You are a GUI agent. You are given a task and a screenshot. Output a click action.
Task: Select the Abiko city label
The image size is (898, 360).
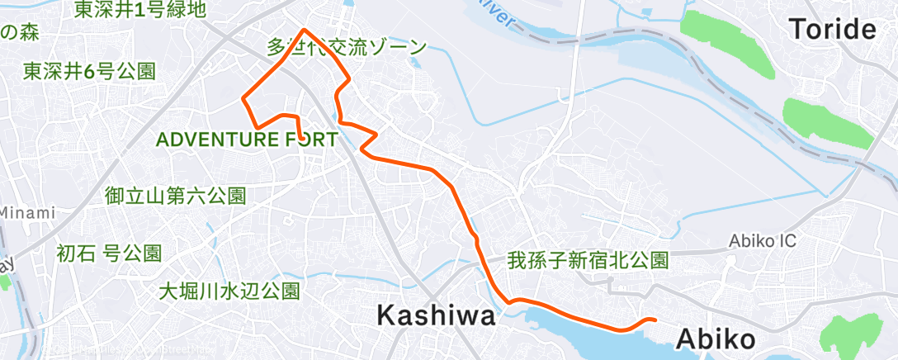point(716,339)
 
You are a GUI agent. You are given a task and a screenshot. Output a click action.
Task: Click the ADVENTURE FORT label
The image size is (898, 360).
point(246,139)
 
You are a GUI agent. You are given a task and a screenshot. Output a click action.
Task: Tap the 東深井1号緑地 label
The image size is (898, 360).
point(139,10)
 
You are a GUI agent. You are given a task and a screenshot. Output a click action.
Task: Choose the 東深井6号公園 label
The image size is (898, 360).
point(89,71)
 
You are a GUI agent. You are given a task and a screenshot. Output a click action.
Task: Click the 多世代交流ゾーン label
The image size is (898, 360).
point(347,47)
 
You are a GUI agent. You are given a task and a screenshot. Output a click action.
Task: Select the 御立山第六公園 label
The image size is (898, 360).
point(176,196)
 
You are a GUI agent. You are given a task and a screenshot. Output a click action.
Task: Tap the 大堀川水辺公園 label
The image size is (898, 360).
point(229,291)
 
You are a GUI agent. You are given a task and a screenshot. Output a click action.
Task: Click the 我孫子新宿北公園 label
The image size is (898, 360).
point(588,261)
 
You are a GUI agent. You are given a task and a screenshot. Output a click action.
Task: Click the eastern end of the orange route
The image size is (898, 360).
point(655,320)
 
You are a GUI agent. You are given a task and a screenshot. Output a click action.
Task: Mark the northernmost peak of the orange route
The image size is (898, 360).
point(305,31)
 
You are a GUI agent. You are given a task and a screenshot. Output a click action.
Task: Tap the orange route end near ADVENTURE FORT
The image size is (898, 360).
point(300,136)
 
